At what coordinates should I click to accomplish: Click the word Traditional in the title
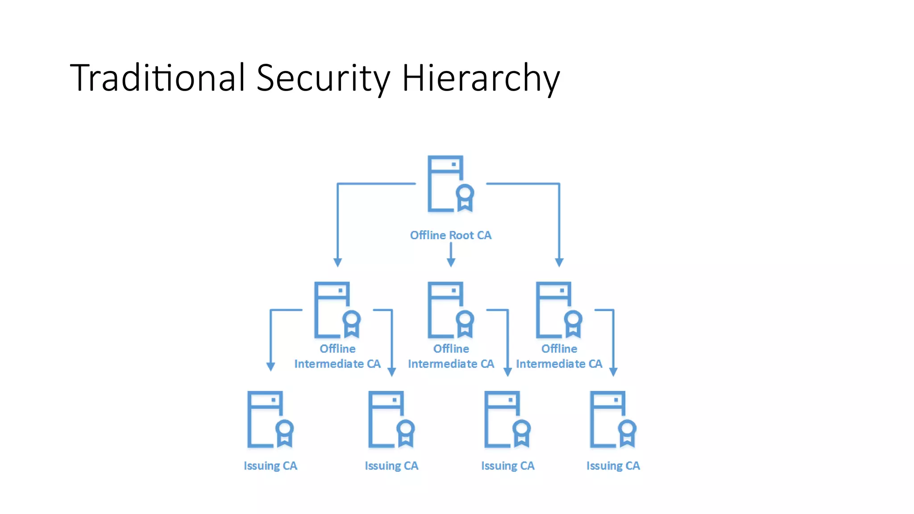pyautogui.click(x=157, y=78)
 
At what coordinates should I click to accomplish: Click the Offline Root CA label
pyautogui.click(x=451, y=235)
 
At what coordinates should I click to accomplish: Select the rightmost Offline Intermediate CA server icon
pyautogui.click(x=557, y=310)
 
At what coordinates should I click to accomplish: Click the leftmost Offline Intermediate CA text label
pyautogui.click(x=337, y=356)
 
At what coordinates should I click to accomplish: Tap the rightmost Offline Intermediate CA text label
pyautogui.click(x=559, y=356)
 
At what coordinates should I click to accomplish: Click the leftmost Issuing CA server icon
pyautogui.click(x=268, y=419)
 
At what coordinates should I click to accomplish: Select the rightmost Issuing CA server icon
pyautogui.click(x=611, y=419)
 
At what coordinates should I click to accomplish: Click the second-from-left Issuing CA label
pyautogui.click(x=391, y=466)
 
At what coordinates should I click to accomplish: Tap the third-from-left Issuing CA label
pyautogui.click(x=507, y=466)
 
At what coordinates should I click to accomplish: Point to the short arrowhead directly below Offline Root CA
pyautogui.click(x=451, y=262)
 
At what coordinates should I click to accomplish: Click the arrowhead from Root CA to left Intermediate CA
pyautogui.click(x=338, y=262)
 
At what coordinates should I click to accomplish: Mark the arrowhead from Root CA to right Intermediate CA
pyautogui.click(x=559, y=262)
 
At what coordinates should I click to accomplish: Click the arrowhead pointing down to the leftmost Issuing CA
pyautogui.click(x=270, y=367)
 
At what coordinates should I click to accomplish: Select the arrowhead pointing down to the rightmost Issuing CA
pyautogui.click(x=613, y=372)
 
